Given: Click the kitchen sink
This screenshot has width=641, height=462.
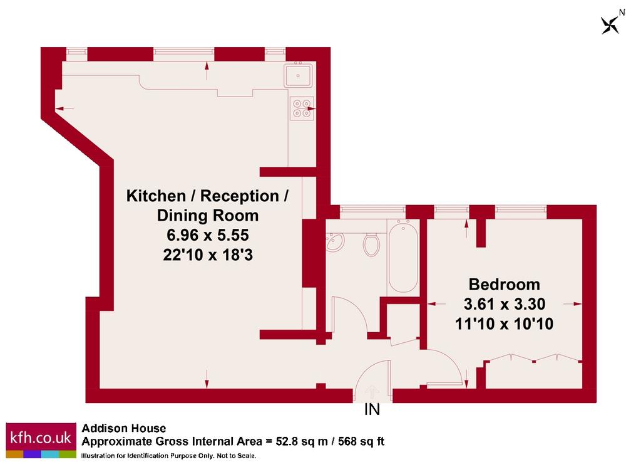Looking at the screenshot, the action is pyautogui.click(x=298, y=75).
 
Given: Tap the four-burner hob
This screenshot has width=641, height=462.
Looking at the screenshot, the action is pyautogui.click(x=302, y=108).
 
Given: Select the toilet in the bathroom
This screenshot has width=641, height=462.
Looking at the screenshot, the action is pyautogui.click(x=371, y=244).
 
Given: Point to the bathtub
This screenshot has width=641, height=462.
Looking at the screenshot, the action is pyautogui.click(x=403, y=256).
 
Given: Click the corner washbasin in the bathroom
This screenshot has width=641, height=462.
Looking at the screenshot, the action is pyautogui.click(x=334, y=241).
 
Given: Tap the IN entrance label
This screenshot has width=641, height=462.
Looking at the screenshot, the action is pyautogui.click(x=372, y=409).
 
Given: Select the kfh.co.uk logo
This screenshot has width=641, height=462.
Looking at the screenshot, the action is pyautogui.click(x=41, y=440).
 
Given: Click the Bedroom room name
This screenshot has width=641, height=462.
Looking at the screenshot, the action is pyautogui.click(x=504, y=284).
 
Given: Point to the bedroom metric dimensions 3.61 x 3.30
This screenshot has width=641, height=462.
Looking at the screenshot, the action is pyautogui.click(x=505, y=304).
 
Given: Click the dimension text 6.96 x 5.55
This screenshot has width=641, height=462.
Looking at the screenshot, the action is pyautogui.click(x=208, y=235).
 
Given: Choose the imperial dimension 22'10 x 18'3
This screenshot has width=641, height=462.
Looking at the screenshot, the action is pyautogui.click(x=208, y=255).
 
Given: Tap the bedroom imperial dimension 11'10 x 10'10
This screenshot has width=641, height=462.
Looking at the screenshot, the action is pyautogui.click(x=504, y=323).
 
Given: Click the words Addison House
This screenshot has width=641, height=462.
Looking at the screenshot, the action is pyautogui.click(x=124, y=428).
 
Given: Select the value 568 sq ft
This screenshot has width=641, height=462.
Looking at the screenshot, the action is pyautogui.click(x=361, y=441).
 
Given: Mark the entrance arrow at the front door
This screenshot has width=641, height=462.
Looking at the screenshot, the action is pyautogui.click(x=372, y=392).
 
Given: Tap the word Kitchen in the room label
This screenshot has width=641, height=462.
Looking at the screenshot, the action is pyautogui.click(x=156, y=196).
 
